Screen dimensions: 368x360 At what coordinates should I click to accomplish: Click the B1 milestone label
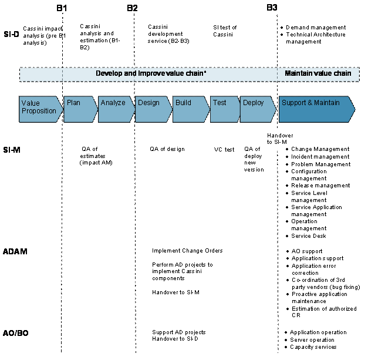62,8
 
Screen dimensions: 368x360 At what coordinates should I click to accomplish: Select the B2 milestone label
132,8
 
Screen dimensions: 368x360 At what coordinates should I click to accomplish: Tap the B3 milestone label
272,8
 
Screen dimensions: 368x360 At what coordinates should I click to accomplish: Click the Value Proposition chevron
41,109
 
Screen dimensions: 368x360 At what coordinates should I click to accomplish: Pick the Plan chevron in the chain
80,109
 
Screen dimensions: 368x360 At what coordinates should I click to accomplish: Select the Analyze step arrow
116,109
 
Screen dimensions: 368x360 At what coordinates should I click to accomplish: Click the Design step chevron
154,109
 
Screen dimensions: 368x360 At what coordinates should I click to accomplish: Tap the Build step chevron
191,109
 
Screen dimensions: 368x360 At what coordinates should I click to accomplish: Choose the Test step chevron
225,109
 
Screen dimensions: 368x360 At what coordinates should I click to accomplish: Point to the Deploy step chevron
258,109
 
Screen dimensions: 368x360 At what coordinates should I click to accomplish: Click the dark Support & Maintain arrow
317,109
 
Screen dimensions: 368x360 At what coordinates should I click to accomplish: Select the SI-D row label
11,34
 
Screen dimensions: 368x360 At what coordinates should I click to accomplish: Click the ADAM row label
15,251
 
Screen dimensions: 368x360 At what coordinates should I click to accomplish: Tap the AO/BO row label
15,333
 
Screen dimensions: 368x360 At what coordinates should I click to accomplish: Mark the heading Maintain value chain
318,73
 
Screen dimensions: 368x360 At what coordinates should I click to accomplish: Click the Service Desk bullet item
308,236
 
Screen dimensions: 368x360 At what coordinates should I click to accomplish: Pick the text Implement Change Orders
187,251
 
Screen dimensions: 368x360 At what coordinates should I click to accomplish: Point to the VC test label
224,150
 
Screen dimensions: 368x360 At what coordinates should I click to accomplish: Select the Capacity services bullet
313,347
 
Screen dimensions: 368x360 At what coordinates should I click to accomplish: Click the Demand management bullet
316,28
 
